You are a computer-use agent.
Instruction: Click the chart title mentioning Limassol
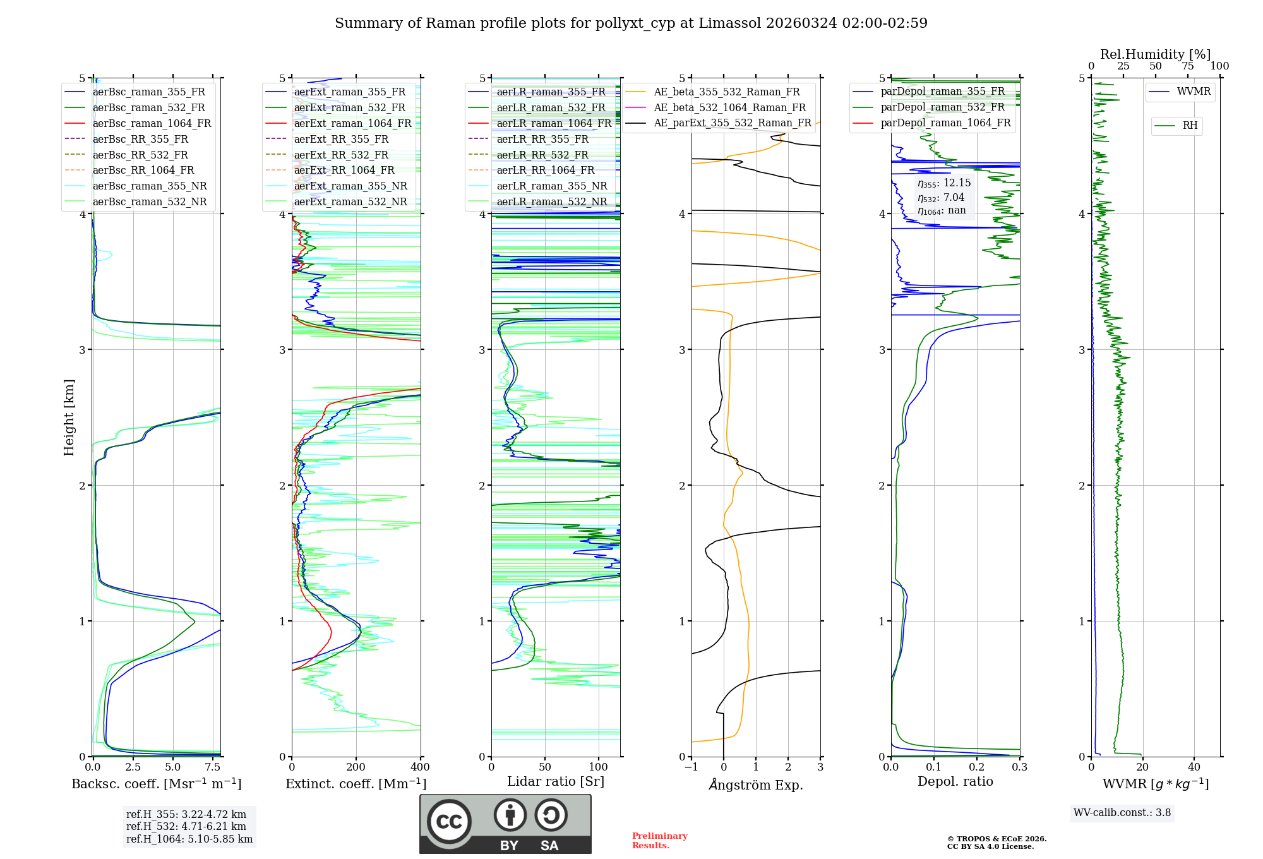(631, 23)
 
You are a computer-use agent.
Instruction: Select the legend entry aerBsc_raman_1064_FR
(152, 123)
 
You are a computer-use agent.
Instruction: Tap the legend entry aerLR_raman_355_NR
(551, 186)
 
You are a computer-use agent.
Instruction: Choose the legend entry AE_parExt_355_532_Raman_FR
(732, 123)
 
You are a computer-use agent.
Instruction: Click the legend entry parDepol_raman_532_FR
(942, 107)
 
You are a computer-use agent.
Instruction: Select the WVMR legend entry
(1194, 92)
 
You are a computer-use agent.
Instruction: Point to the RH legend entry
(1190, 126)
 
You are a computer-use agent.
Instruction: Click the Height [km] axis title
(69, 417)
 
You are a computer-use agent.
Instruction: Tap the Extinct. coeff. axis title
(356, 784)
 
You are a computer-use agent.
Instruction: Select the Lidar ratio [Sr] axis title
(556, 781)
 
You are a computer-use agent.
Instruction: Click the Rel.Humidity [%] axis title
(1155, 54)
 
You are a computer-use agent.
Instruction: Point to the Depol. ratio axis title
(955, 781)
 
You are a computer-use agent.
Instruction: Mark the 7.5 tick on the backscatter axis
(213, 767)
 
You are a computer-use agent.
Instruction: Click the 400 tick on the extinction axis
(421, 767)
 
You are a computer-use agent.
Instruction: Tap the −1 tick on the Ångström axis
(691, 767)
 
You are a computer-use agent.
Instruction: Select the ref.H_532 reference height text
(186, 826)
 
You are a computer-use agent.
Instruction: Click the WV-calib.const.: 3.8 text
(1122, 813)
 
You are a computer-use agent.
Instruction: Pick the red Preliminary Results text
(660, 840)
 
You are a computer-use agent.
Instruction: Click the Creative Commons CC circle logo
(449, 822)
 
